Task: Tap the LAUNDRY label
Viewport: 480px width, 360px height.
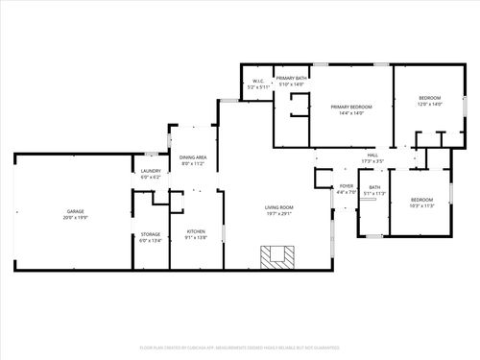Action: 151,172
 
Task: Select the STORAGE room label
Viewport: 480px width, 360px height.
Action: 151,233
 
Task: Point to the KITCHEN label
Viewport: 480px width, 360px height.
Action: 196,231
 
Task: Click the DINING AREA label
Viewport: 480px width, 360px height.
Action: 194,157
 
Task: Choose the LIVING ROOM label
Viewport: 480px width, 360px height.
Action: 279,207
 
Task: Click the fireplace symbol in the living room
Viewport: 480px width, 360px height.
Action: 279,255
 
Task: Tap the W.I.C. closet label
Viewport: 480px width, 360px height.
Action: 258,81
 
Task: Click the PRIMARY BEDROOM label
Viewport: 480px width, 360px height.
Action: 351,107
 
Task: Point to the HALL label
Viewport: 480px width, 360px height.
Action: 372,155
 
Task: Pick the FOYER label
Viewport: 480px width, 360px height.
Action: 347,186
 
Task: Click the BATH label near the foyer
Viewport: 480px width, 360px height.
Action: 375,187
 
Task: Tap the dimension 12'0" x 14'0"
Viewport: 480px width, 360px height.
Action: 429,106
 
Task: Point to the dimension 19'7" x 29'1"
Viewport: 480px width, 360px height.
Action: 279,214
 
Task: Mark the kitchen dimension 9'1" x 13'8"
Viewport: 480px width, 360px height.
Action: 196,237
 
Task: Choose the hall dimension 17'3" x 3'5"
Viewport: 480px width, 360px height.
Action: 372,160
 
